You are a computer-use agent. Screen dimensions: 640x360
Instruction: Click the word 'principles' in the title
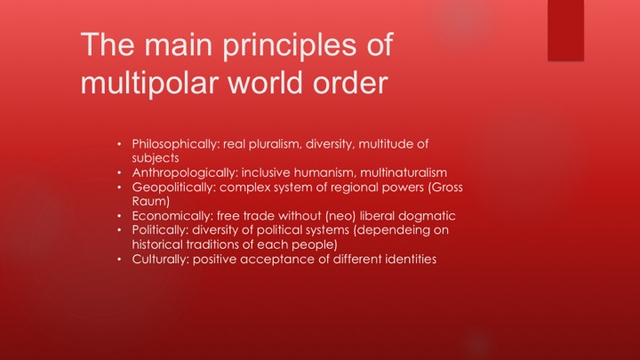tap(290, 45)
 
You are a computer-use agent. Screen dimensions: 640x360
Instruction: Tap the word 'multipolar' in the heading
tap(149, 84)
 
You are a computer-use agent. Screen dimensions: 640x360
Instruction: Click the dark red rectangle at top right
tap(565, 30)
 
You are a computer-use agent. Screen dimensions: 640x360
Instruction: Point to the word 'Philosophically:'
tap(175, 144)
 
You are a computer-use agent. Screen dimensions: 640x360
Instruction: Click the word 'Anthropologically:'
tap(185, 172)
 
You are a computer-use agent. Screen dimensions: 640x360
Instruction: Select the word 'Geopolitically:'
tap(173, 188)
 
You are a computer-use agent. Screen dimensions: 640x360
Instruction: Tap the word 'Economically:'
tap(172, 215)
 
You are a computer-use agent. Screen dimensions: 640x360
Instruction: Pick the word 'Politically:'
tap(160, 230)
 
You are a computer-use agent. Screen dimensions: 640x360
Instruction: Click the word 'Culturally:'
tap(160, 260)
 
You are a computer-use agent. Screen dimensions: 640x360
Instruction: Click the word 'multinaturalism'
tap(404, 172)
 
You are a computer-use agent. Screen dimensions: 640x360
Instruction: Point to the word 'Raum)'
tap(150, 201)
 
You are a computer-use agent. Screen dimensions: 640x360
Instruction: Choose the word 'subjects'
tap(156, 158)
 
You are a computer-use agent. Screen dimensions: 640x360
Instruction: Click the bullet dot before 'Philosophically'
tap(119, 144)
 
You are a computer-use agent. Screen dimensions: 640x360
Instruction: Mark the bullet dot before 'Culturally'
tap(119, 260)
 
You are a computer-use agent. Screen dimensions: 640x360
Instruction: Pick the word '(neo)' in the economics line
tap(340, 216)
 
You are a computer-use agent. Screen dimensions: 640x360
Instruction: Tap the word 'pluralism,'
tap(276, 144)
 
